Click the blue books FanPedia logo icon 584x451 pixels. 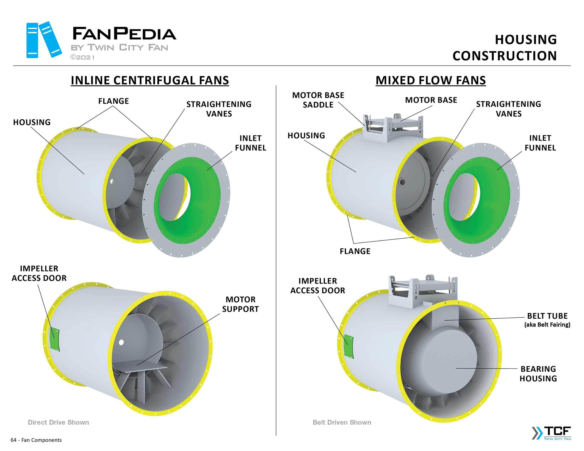(x=44, y=40)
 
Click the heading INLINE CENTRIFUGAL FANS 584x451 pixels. (x=150, y=80)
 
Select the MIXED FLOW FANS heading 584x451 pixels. (x=430, y=80)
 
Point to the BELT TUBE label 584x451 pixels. (x=547, y=316)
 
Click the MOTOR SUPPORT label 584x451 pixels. (x=240, y=304)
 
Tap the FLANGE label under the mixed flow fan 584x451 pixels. (x=355, y=251)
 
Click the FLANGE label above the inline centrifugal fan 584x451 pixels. (x=113, y=101)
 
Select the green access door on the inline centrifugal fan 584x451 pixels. (x=55, y=339)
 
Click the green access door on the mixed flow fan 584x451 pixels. (x=348, y=346)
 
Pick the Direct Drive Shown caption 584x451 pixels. (x=58, y=422)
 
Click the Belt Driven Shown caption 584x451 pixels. (x=342, y=422)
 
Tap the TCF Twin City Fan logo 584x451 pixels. (x=551, y=433)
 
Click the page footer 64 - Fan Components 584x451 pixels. (x=36, y=440)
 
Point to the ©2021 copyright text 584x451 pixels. (x=82, y=57)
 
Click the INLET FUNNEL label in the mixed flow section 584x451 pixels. (x=540, y=143)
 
